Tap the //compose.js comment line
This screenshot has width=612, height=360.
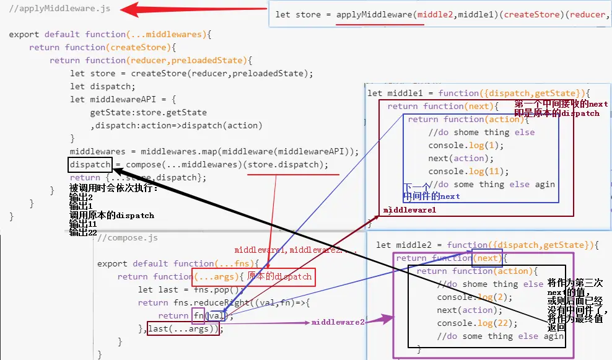[x=128, y=237]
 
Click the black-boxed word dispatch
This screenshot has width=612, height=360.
[x=90, y=165]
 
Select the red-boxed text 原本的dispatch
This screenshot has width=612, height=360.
[x=279, y=276]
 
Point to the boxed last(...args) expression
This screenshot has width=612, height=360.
[x=184, y=328]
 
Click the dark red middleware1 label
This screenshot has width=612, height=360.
[x=409, y=210]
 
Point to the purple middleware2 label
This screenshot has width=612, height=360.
[x=338, y=322]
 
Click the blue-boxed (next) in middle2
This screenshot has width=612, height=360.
[x=487, y=258]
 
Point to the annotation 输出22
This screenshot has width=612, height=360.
[x=84, y=232]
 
